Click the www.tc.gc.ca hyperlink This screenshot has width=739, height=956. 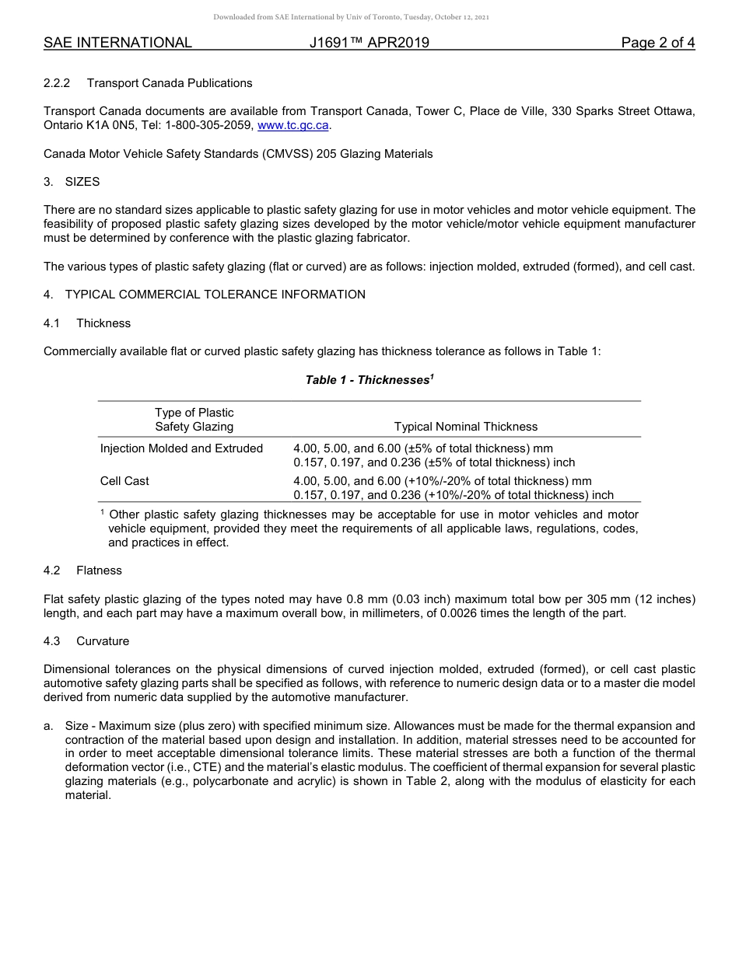(293, 125)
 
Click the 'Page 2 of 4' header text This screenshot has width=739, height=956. (657, 43)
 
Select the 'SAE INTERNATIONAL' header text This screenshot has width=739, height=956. (117, 43)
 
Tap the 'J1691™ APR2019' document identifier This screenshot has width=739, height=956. (369, 43)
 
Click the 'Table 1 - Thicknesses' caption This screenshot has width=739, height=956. (369, 380)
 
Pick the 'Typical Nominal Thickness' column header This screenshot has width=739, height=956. (465, 427)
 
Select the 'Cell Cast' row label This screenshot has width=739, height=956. (124, 481)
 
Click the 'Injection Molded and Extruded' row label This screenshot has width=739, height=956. (181, 448)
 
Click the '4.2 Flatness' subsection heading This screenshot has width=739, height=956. (83, 570)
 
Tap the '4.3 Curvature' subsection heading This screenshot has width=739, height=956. (86, 641)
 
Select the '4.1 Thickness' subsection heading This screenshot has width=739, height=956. (87, 323)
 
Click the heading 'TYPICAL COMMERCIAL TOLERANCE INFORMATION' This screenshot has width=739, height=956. (215, 295)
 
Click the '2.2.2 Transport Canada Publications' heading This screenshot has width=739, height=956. (148, 83)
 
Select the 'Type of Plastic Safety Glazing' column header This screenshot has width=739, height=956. (194, 420)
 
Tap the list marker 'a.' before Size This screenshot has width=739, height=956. (48, 726)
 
